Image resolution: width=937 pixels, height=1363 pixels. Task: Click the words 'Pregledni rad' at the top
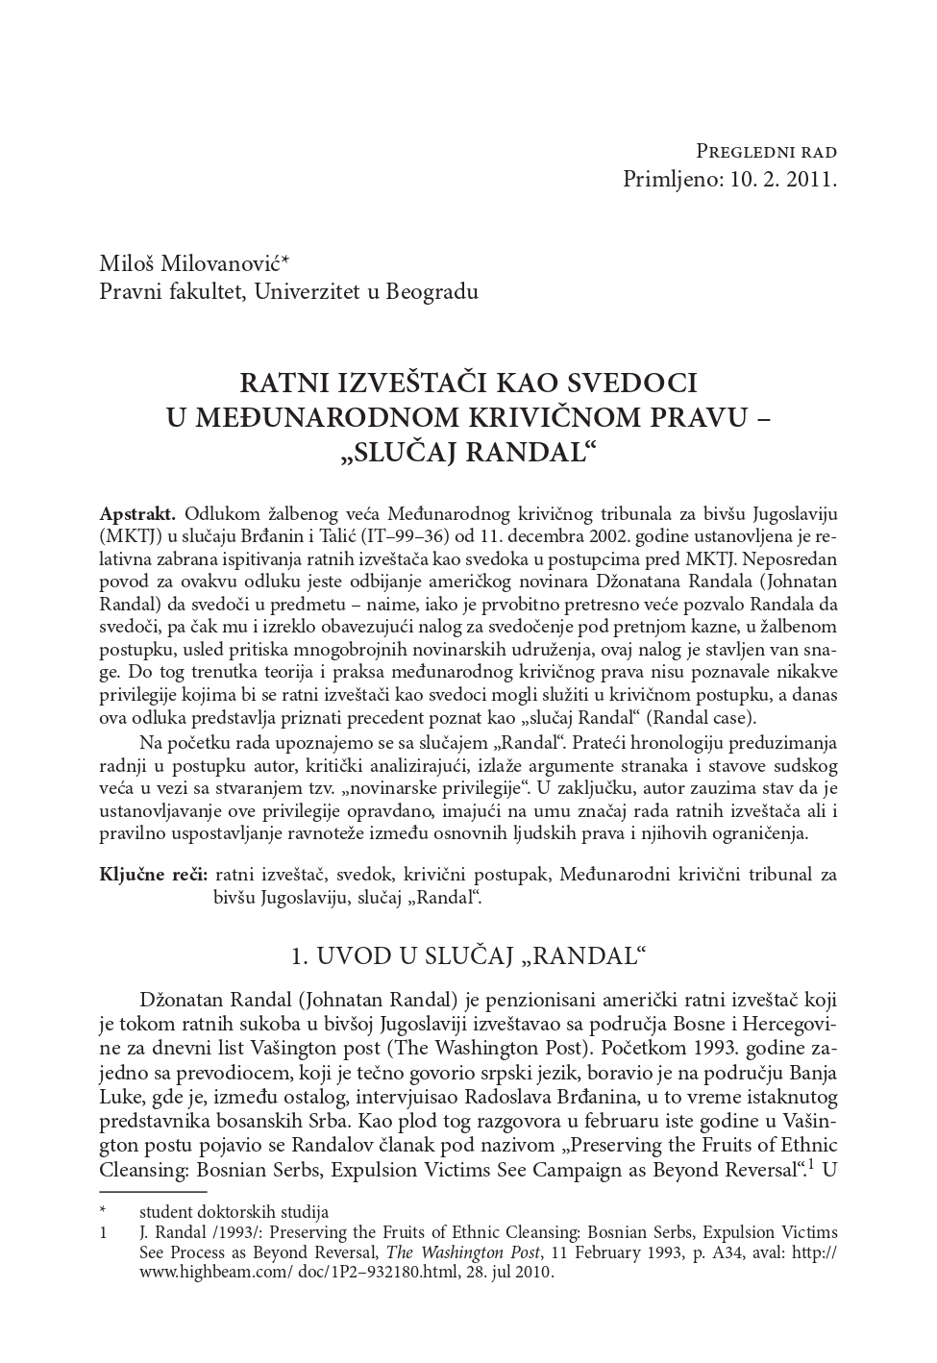point(766,152)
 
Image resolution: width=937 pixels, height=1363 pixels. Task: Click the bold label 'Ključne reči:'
point(154,875)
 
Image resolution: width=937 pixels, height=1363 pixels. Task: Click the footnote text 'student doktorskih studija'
point(234,1212)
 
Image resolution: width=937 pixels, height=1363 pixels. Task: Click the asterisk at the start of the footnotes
point(103,1212)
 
